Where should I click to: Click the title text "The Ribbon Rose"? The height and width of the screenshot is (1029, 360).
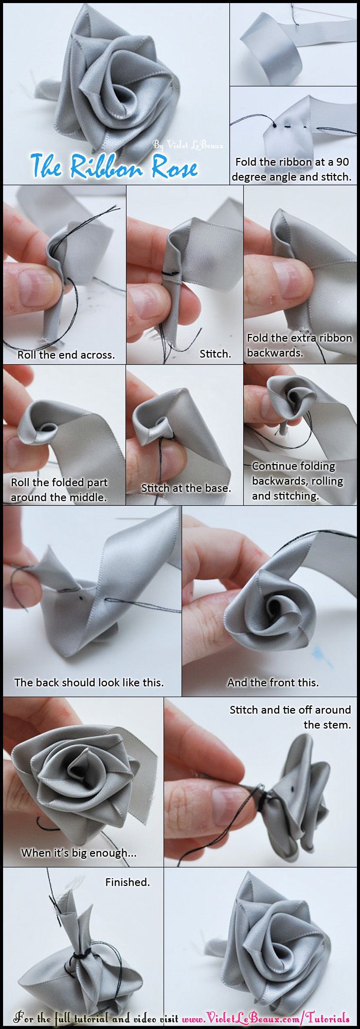click(x=114, y=166)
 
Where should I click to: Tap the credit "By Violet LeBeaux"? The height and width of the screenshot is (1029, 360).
click(x=188, y=146)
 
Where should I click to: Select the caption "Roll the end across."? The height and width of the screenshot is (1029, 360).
click(x=66, y=354)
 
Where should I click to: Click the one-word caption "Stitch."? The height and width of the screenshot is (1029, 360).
click(x=215, y=353)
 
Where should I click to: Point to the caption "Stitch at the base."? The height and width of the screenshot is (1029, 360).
click(x=186, y=488)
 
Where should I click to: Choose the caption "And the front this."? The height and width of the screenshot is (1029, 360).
click(x=273, y=682)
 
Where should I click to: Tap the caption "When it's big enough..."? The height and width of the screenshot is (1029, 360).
click(x=79, y=853)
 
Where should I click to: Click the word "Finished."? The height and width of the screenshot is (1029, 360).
click(x=128, y=882)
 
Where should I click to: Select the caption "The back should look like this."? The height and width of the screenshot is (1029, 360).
click(x=89, y=682)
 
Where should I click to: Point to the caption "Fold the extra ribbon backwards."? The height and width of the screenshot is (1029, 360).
click(x=299, y=345)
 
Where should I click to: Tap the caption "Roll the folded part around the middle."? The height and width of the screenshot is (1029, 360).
click(x=59, y=490)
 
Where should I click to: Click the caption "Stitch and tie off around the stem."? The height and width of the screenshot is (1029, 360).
click(x=290, y=717)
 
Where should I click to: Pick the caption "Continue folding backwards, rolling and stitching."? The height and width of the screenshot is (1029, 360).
click(x=297, y=481)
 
